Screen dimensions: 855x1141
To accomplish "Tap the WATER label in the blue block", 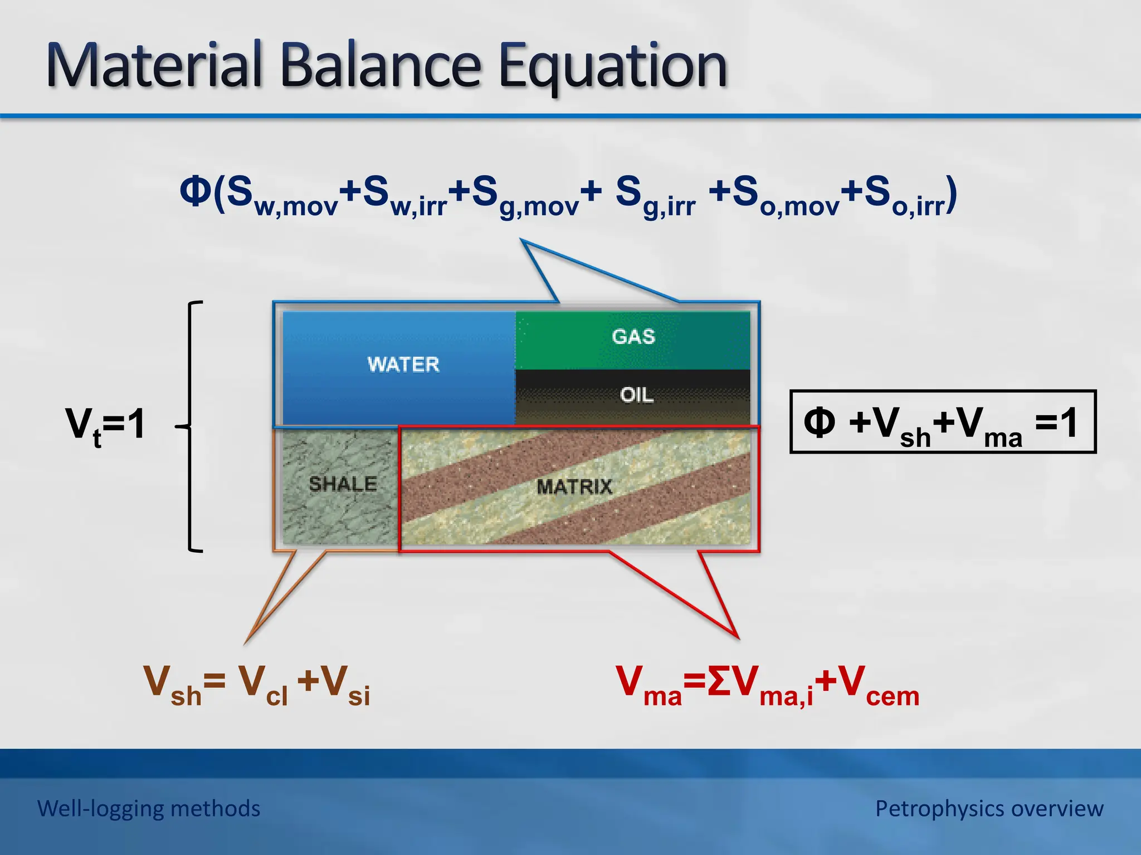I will [x=403, y=365].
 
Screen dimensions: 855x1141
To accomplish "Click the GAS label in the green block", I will [x=633, y=337].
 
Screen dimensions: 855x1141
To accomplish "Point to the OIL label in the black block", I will [x=636, y=395].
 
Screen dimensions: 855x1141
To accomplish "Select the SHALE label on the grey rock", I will [x=343, y=484].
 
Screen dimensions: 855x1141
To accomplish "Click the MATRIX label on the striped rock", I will [x=574, y=487].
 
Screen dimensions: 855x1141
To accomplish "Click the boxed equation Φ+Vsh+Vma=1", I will [x=943, y=422].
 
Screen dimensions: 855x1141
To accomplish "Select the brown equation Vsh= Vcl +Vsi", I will [x=257, y=685].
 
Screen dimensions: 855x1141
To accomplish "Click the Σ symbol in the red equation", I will [x=719, y=681].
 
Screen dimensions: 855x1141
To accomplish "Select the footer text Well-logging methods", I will [x=149, y=808].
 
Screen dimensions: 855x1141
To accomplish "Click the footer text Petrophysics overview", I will [x=989, y=808].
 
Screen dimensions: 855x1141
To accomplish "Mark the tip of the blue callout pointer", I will [x=522, y=241].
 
